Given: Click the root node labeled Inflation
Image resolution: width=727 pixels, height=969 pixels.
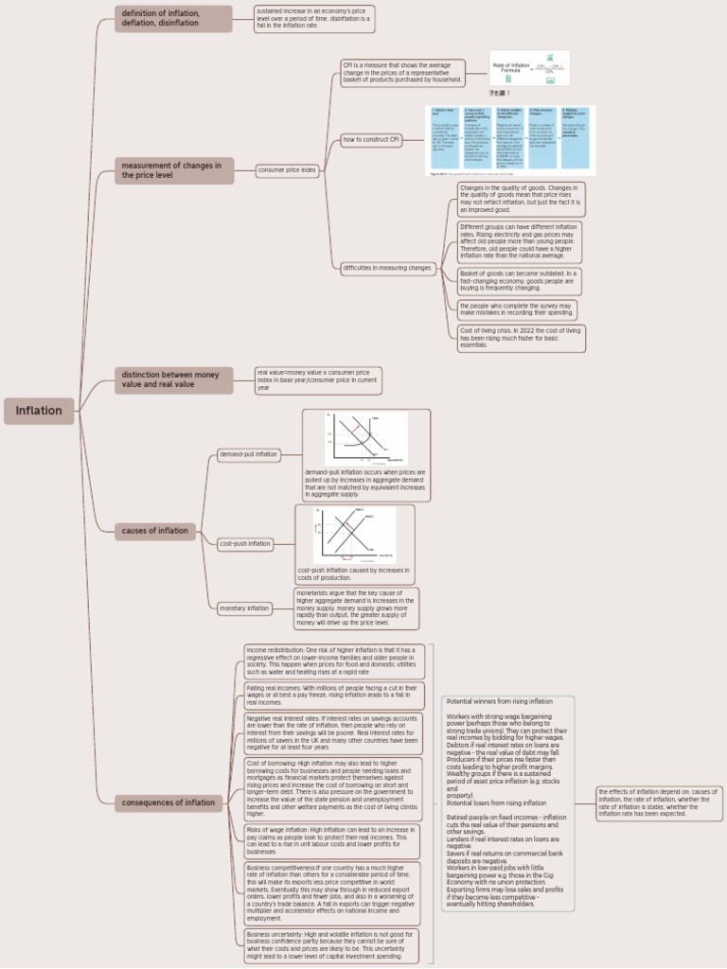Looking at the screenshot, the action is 39,411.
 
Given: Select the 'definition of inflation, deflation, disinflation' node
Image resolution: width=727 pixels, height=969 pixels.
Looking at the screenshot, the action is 173,18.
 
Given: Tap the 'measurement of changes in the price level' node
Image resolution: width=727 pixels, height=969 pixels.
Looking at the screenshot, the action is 174,170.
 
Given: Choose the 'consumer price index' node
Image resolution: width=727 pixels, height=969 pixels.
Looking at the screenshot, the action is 287,170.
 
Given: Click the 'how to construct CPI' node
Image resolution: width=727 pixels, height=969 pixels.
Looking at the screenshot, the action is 371,140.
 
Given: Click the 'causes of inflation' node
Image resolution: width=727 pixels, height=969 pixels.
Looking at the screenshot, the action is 155,531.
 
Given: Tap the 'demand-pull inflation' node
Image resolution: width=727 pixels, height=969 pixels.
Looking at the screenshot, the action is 249,454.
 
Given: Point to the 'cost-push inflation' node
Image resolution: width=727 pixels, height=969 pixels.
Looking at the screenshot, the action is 245,544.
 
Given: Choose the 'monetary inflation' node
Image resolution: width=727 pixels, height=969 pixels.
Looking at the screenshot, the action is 245,608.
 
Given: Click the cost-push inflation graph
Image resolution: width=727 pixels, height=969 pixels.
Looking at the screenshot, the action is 354,535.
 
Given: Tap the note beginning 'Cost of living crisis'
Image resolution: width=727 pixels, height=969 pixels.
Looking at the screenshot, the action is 521,338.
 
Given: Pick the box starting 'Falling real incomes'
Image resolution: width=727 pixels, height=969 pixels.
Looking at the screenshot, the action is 334,696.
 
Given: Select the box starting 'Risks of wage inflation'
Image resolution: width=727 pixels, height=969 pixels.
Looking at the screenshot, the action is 334,840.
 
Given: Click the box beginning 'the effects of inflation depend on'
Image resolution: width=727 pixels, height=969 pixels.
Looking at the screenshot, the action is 658,803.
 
